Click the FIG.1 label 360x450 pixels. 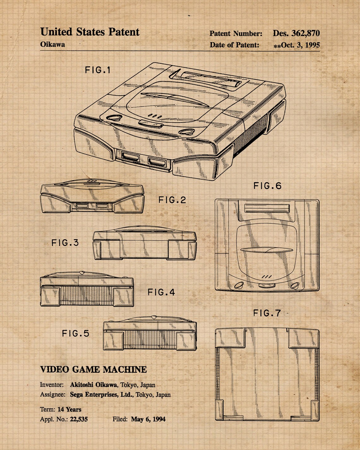tap(98, 70)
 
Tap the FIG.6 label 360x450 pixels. tap(267, 186)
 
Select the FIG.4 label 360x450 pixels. tap(161, 292)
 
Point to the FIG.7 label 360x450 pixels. tap(267, 313)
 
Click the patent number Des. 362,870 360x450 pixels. tap(296, 33)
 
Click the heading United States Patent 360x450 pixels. tap(90, 32)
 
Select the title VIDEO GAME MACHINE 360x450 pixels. tap(93, 369)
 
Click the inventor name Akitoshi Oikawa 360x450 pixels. tap(93, 385)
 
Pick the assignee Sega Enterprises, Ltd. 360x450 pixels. tap(102, 394)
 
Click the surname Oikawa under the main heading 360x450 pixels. tap(52, 44)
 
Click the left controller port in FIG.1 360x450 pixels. tap(131, 157)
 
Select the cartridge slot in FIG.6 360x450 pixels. tap(267, 208)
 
